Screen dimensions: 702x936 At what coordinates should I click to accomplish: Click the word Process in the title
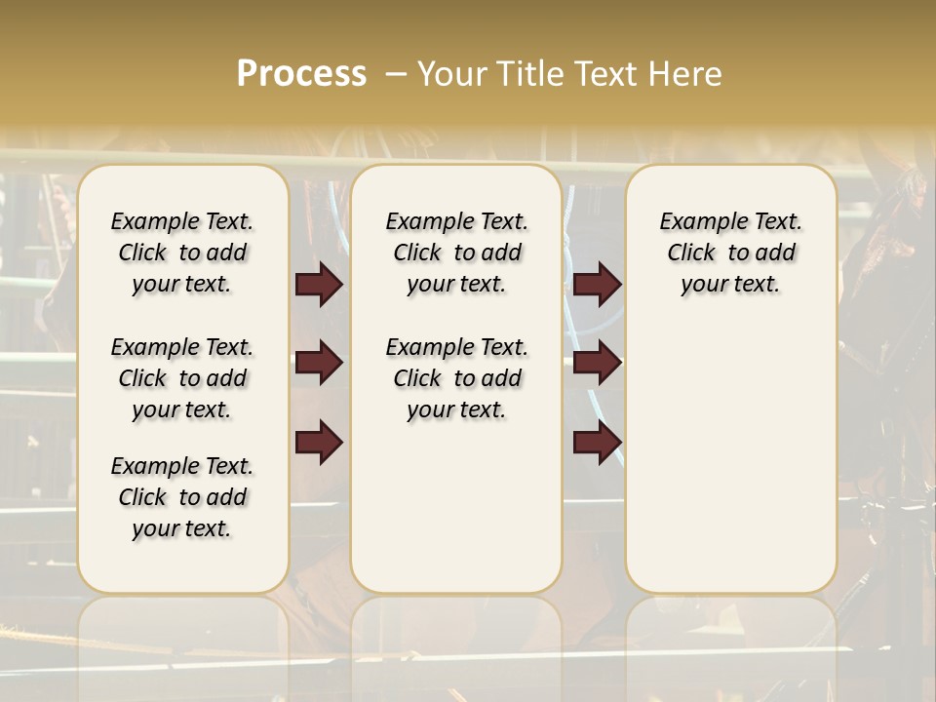(301, 74)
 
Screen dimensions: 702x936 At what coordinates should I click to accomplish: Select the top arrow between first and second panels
(319, 285)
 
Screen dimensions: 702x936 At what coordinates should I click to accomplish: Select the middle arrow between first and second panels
(319, 363)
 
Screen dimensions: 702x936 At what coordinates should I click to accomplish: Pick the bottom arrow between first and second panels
(319, 443)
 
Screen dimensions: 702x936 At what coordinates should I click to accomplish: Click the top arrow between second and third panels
(597, 285)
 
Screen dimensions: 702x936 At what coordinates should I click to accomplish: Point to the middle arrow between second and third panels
(597, 363)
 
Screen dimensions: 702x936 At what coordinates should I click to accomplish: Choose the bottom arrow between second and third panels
(597, 443)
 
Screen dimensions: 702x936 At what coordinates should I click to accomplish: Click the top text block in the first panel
(182, 253)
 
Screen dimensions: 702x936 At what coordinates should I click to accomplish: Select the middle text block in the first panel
(182, 378)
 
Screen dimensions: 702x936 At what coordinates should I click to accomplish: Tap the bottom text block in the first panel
(182, 497)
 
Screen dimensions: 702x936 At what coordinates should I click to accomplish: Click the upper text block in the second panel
(457, 253)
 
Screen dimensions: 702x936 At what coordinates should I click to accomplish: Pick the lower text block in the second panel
(457, 378)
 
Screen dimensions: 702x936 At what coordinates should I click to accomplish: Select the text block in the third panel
(731, 253)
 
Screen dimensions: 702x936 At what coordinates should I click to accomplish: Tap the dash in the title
(396, 74)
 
